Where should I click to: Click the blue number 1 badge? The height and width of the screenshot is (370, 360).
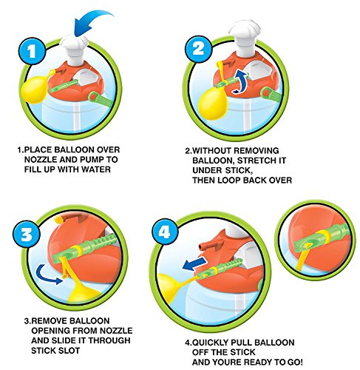(x=32, y=51)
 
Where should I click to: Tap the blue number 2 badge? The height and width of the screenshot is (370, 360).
(x=198, y=49)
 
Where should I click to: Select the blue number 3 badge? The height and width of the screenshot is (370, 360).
(x=27, y=234)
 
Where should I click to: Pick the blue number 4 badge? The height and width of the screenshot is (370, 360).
(x=165, y=232)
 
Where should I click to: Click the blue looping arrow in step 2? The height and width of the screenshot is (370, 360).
(x=240, y=81)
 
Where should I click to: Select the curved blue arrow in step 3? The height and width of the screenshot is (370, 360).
(x=47, y=275)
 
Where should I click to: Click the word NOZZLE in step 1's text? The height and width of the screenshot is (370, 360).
(x=41, y=160)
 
